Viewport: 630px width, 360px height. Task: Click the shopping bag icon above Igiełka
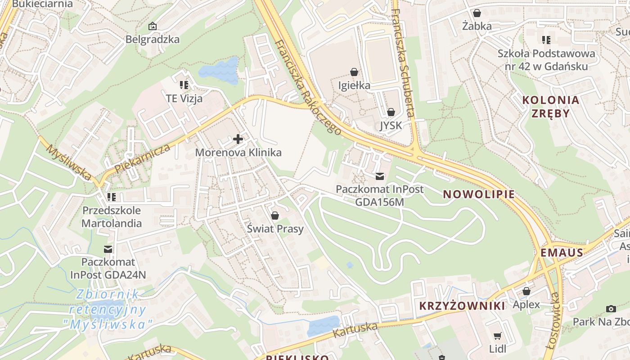pyautogui.click(x=354, y=72)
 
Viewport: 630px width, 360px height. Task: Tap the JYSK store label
pyautogui.click(x=391, y=126)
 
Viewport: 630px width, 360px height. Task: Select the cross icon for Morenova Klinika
pyautogui.click(x=238, y=139)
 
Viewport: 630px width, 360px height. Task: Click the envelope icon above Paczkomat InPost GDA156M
pyautogui.click(x=380, y=176)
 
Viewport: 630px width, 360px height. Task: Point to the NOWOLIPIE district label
pyautogui.click(x=479, y=194)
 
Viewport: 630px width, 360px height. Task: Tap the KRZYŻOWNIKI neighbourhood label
pyautogui.click(x=462, y=306)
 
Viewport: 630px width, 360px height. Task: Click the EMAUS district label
pyautogui.click(x=562, y=252)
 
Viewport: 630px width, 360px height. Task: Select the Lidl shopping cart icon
pyautogui.click(x=497, y=336)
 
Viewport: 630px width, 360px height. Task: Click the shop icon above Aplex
pyautogui.click(x=526, y=291)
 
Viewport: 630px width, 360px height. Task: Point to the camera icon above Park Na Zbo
pyautogui.click(x=611, y=309)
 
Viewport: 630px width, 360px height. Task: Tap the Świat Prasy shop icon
pyautogui.click(x=275, y=216)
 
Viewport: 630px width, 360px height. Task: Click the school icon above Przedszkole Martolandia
pyautogui.click(x=111, y=197)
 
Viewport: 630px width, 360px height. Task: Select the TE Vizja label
pyautogui.click(x=184, y=99)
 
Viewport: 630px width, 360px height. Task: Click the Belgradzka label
pyautogui.click(x=153, y=39)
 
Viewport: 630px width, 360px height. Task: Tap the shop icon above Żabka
pyautogui.click(x=477, y=13)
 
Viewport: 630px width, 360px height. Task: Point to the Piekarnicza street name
pyautogui.click(x=143, y=158)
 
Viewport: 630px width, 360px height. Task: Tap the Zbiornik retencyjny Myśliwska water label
pyautogui.click(x=108, y=309)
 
